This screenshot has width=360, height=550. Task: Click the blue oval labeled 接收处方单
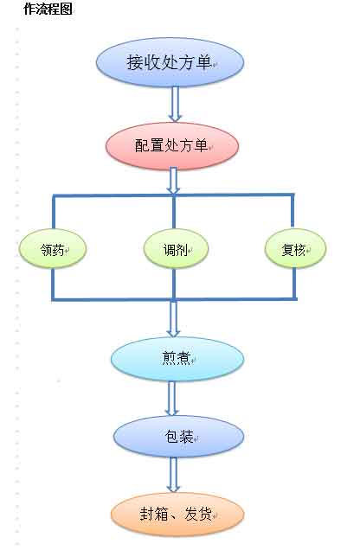click(170, 62)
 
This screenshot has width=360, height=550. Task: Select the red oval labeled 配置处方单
click(172, 146)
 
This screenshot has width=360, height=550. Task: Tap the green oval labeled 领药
click(53, 249)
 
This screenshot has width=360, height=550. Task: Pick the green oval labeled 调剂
click(176, 249)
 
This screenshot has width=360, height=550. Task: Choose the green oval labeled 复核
click(295, 248)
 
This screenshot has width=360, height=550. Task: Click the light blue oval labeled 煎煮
click(177, 359)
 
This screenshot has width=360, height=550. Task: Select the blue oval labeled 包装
click(178, 437)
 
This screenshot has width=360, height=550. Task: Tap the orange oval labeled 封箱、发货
click(177, 515)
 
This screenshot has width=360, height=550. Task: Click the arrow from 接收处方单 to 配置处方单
click(175, 104)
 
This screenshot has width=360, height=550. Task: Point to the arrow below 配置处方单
click(173, 181)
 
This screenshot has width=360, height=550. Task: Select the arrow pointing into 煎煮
click(173, 318)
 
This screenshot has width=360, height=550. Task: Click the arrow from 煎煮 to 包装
click(171, 399)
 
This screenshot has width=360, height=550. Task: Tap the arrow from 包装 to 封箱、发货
click(173, 475)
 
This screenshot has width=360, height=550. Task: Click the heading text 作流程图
click(48, 9)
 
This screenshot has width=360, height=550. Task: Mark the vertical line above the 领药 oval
click(54, 212)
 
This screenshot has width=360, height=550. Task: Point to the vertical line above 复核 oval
click(292, 210)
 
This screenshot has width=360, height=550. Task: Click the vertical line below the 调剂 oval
click(174, 285)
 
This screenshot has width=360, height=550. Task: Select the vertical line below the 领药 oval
click(54, 285)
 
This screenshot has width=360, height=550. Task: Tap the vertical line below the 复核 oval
click(294, 284)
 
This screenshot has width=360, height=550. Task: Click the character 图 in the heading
click(67, 9)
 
